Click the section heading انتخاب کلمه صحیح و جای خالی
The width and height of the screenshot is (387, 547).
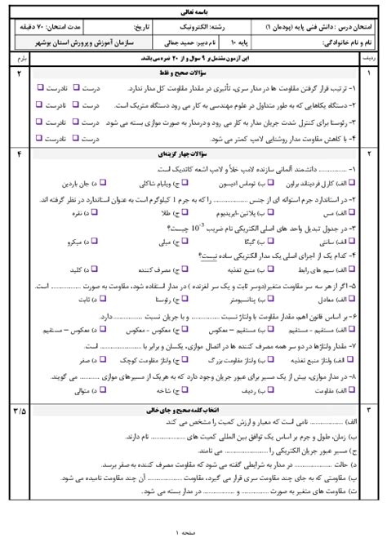[x=193, y=409]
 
